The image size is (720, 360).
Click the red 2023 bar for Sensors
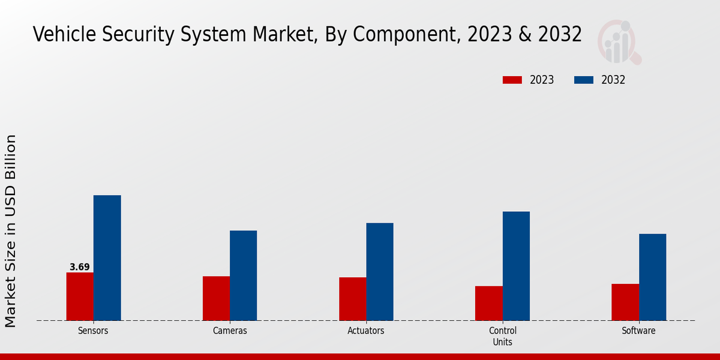click(x=80, y=296)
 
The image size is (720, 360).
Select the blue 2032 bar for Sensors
click(x=107, y=258)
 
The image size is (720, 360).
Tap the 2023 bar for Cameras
click(x=216, y=298)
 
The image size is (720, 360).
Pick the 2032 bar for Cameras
click(x=243, y=275)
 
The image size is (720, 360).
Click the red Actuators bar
click(x=352, y=299)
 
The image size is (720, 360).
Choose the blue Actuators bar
click(x=380, y=272)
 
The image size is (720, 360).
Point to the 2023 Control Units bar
click(x=488, y=303)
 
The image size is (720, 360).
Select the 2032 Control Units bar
click(x=516, y=266)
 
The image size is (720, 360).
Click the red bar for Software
click(x=625, y=302)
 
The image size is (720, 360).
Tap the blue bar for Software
click(x=652, y=277)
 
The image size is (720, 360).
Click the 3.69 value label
click(x=79, y=267)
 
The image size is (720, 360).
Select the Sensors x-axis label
click(x=93, y=331)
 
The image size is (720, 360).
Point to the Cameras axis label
click(x=230, y=331)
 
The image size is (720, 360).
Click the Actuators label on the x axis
click(x=366, y=331)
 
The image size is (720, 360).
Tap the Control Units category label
click(x=502, y=336)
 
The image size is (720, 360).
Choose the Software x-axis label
click(x=638, y=331)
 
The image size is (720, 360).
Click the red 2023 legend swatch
click(x=512, y=80)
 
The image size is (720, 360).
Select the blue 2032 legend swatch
click(x=584, y=80)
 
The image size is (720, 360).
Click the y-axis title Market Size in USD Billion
click(x=11, y=231)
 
